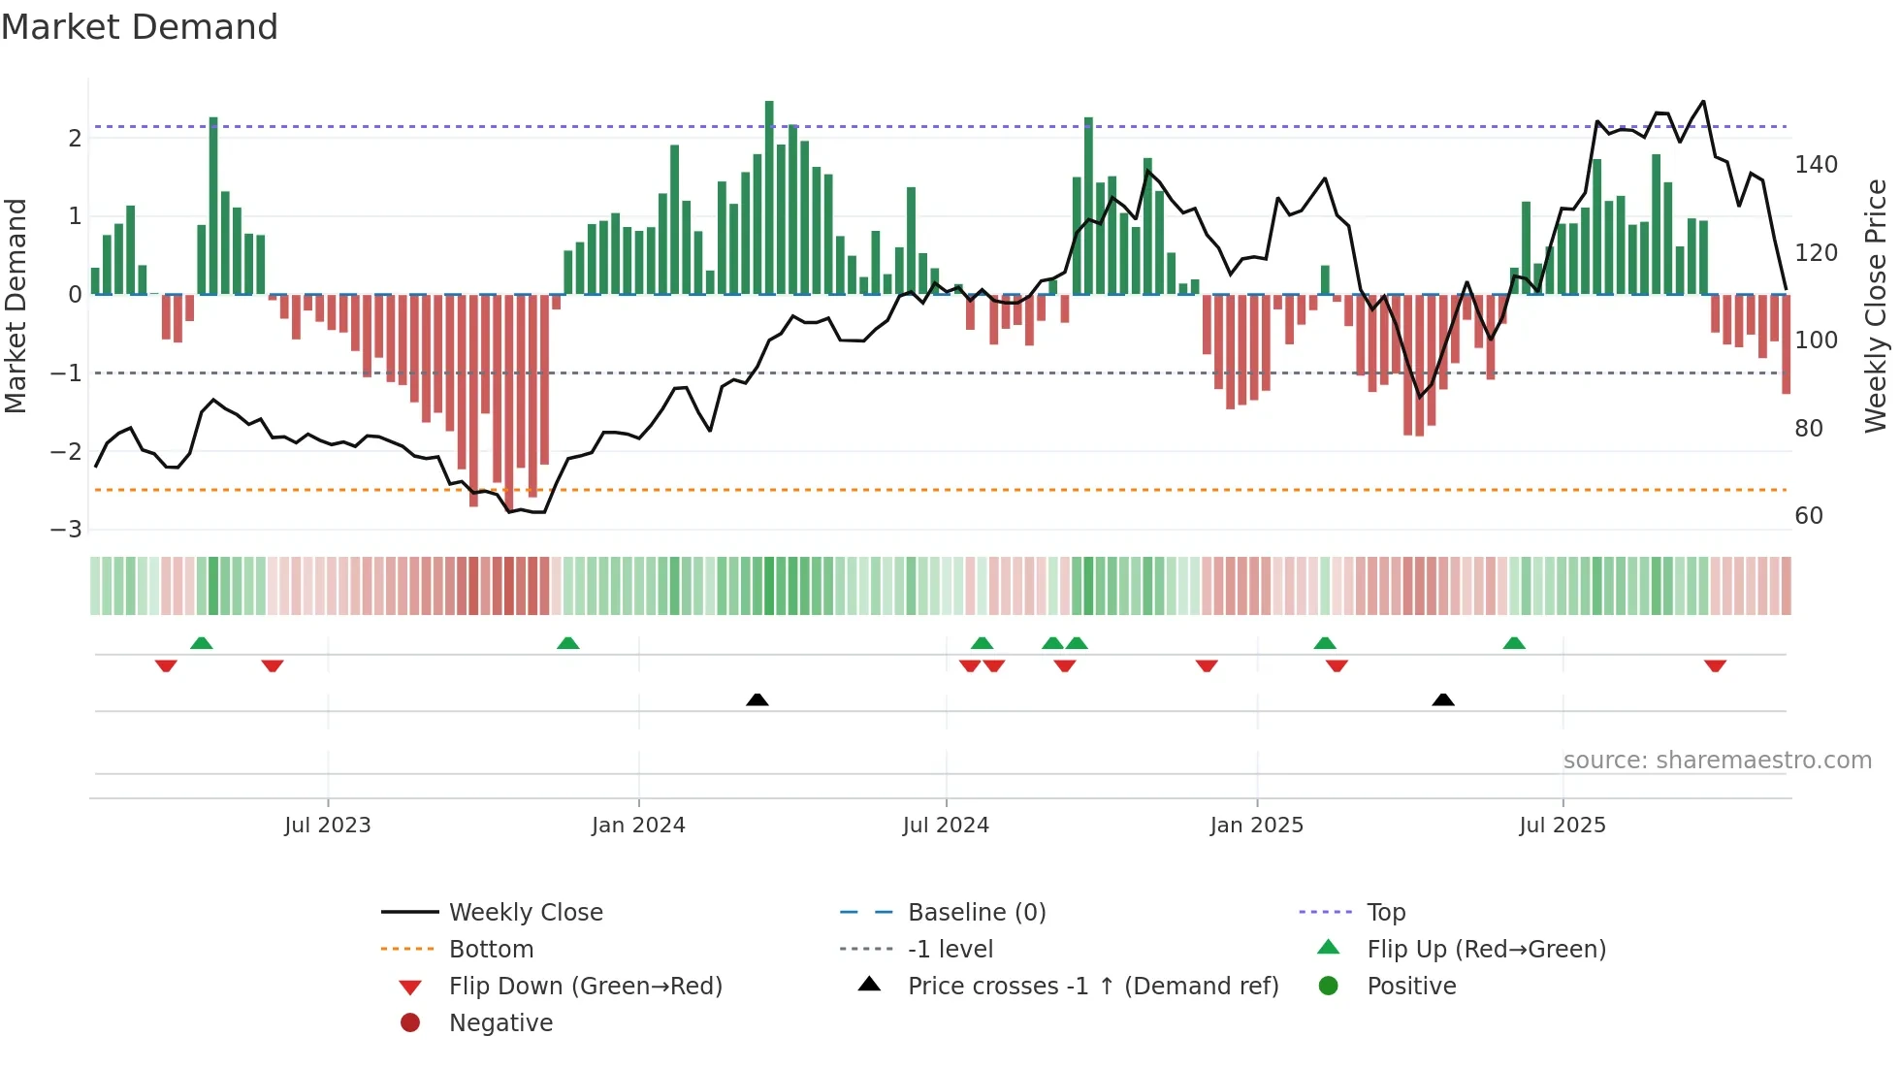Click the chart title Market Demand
(x=140, y=27)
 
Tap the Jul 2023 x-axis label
(x=327, y=826)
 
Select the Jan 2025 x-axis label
(x=1256, y=826)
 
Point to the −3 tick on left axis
(x=66, y=530)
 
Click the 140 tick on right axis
(x=1816, y=165)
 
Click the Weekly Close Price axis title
(x=1876, y=306)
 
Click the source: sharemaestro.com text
(x=1717, y=761)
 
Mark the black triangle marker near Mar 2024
(x=757, y=699)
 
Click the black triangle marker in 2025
(x=1443, y=699)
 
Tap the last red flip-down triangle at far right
(x=1715, y=665)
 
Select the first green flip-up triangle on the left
(x=202, y=643)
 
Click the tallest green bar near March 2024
(x=769, y=194)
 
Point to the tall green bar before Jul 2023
(x=213, y=204)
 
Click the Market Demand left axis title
(x=16, y=306)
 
